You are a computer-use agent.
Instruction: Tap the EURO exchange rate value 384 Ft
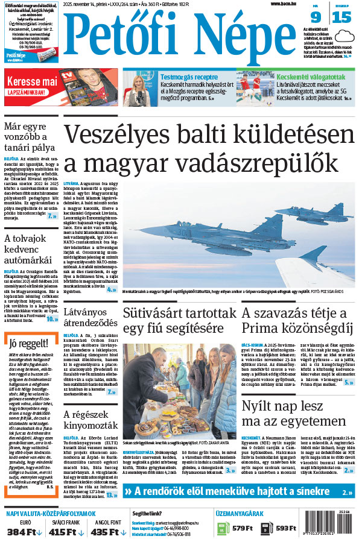click(23, 532)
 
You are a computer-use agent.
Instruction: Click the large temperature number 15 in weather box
click(341, 17)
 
